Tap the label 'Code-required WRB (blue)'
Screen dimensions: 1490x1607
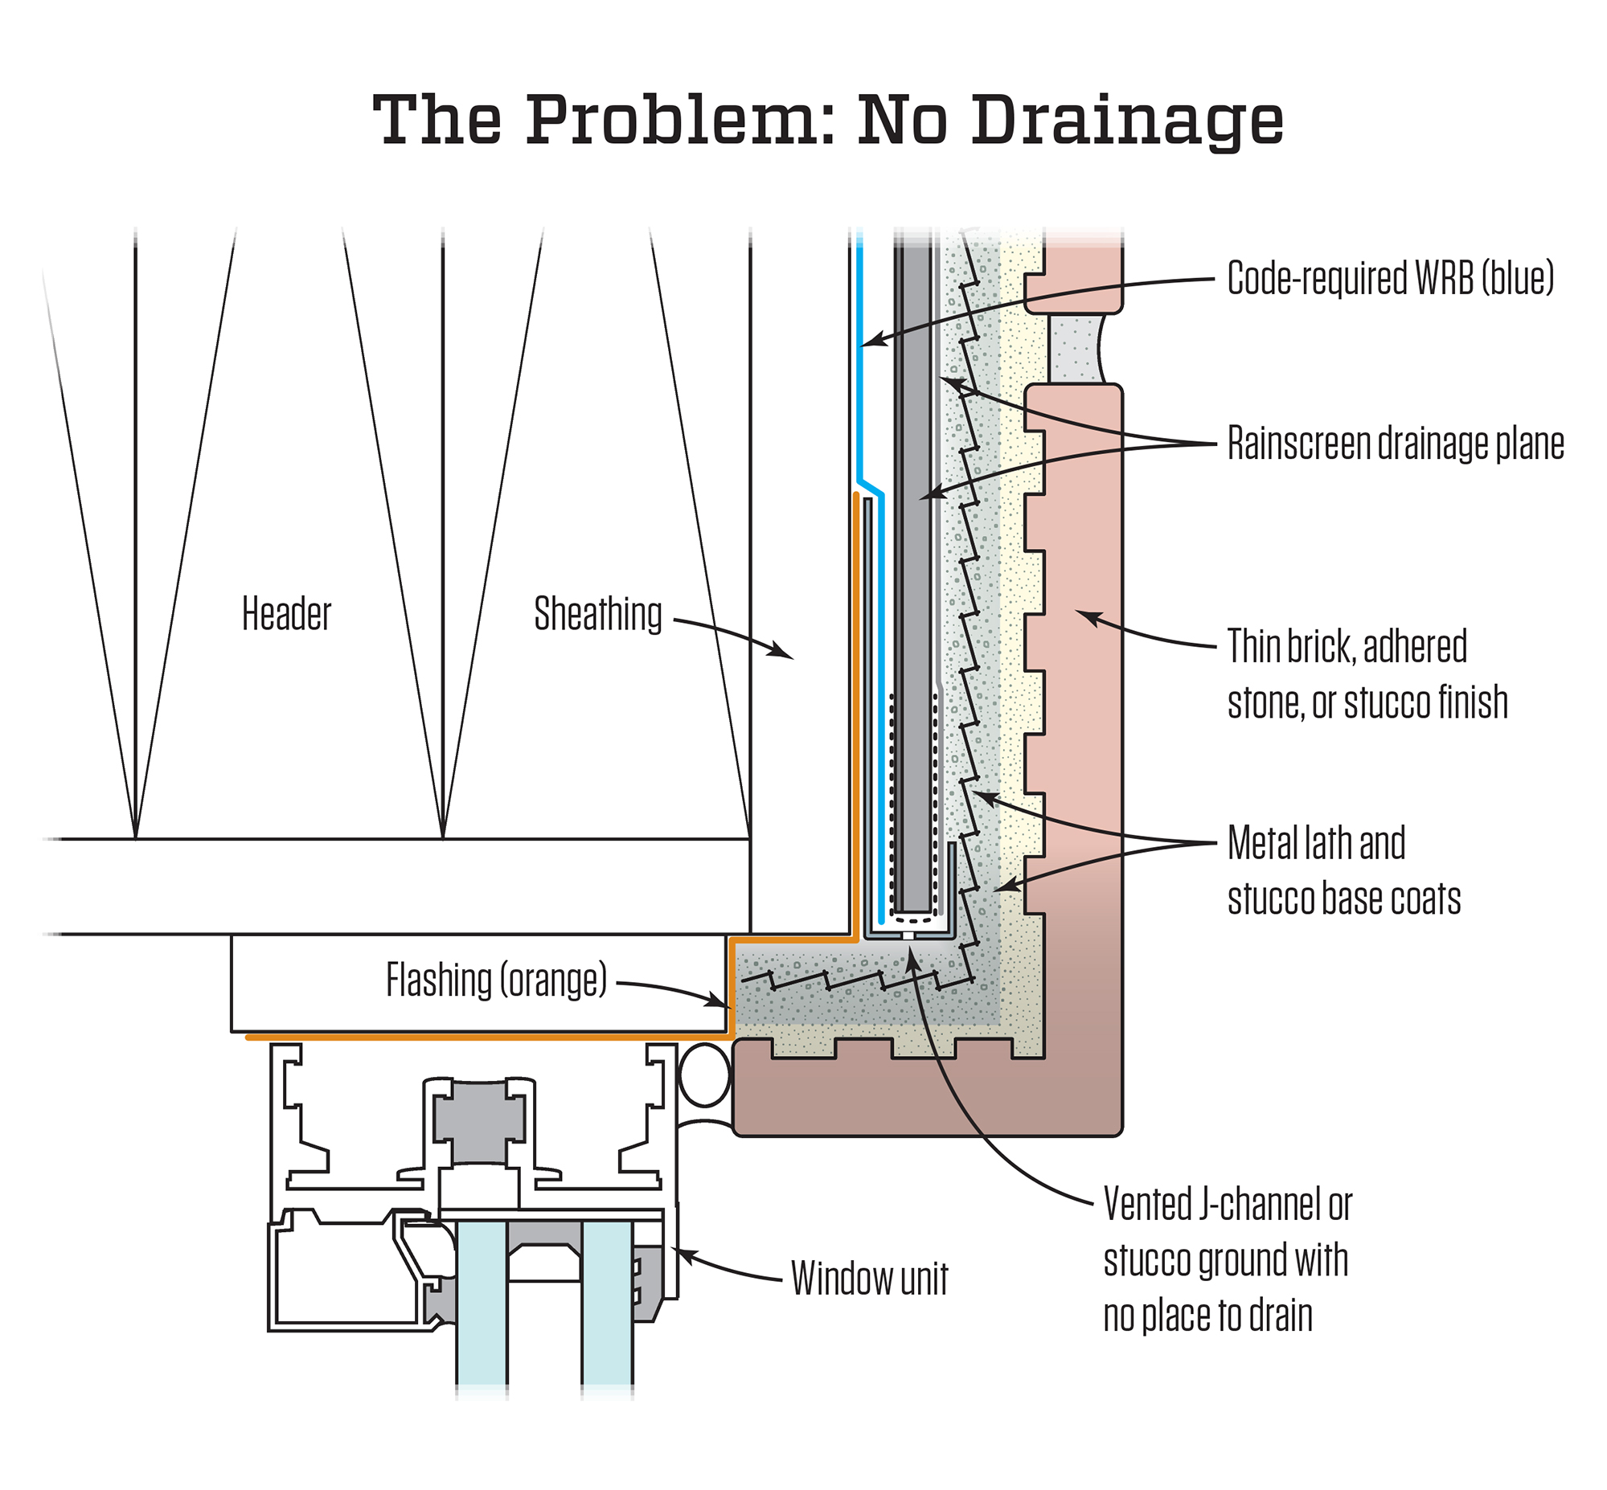point(1390,278)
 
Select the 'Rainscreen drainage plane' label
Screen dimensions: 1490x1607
point(1395,444)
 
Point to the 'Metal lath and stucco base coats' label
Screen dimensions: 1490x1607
point(1343,870)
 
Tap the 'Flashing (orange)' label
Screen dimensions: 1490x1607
point(496,980)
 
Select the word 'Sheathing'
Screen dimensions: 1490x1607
point(597,613)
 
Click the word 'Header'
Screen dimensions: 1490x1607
point(286,613)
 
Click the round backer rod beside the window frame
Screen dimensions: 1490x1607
point(705,1075)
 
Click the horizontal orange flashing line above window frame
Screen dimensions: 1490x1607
point(484,1038)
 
